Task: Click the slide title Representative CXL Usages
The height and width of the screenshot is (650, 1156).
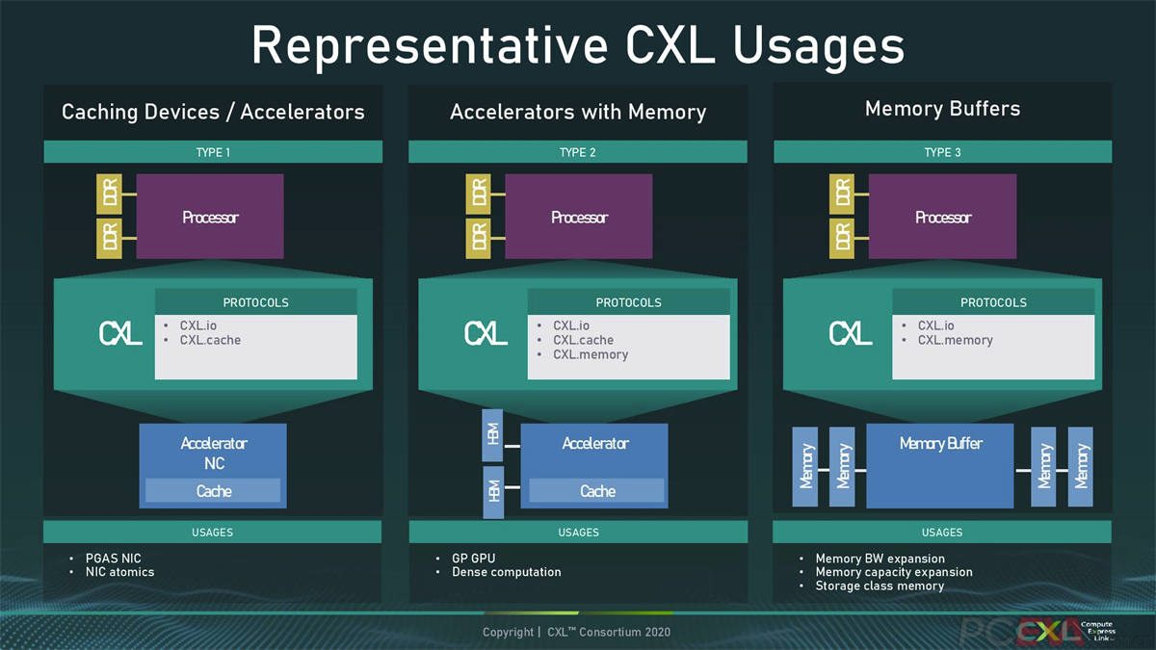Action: pos(578,45)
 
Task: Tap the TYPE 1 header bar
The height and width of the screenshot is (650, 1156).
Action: pos(213,152)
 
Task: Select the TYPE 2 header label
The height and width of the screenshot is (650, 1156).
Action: pos(578,152)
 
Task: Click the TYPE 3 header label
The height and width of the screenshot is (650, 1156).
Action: pos(942,152)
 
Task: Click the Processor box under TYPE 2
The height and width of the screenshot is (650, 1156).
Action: pos(579,217)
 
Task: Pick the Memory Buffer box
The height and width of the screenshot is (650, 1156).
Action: pos(940,466)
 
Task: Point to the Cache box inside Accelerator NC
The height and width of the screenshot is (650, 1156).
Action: pos(213,491)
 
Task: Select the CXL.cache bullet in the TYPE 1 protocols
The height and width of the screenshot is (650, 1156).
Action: pos(210,340)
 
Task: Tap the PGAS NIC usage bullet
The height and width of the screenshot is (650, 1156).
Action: pos(113,559)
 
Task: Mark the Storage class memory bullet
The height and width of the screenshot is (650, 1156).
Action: pos(879,585)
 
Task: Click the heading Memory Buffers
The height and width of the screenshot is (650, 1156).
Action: pos(942,109)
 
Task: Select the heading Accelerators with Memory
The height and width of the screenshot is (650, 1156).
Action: pos(578,112)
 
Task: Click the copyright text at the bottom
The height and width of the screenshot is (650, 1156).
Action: pos(576,632)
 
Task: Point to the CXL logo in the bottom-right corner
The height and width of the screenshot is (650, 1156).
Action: pos(1046,632)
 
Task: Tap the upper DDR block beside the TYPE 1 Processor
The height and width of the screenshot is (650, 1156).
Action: pos(110,195)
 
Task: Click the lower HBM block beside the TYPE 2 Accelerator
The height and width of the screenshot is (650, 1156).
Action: pos(492,492)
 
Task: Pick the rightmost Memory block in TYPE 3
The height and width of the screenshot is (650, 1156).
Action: pos(1081,466)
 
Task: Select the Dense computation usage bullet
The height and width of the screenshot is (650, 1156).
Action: pos(506,572)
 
